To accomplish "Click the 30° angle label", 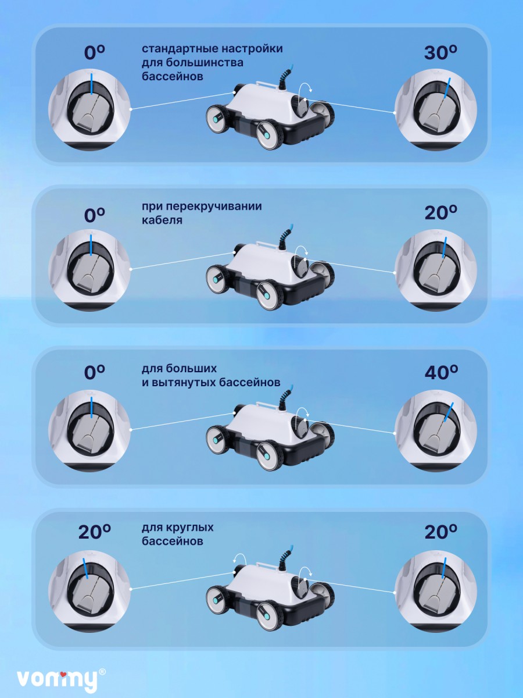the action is (x=440, y=52).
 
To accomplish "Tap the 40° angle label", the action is (x=441, y=372).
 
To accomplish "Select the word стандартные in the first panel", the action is (x=180, y=49).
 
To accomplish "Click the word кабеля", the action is (x=162, y=220).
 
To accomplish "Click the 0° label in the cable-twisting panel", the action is (x=94, y=215).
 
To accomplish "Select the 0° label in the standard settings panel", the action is (x=94, y=52).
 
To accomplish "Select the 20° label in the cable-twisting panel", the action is (x=441, y=213).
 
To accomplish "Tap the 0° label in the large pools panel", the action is (x=94, y=372).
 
